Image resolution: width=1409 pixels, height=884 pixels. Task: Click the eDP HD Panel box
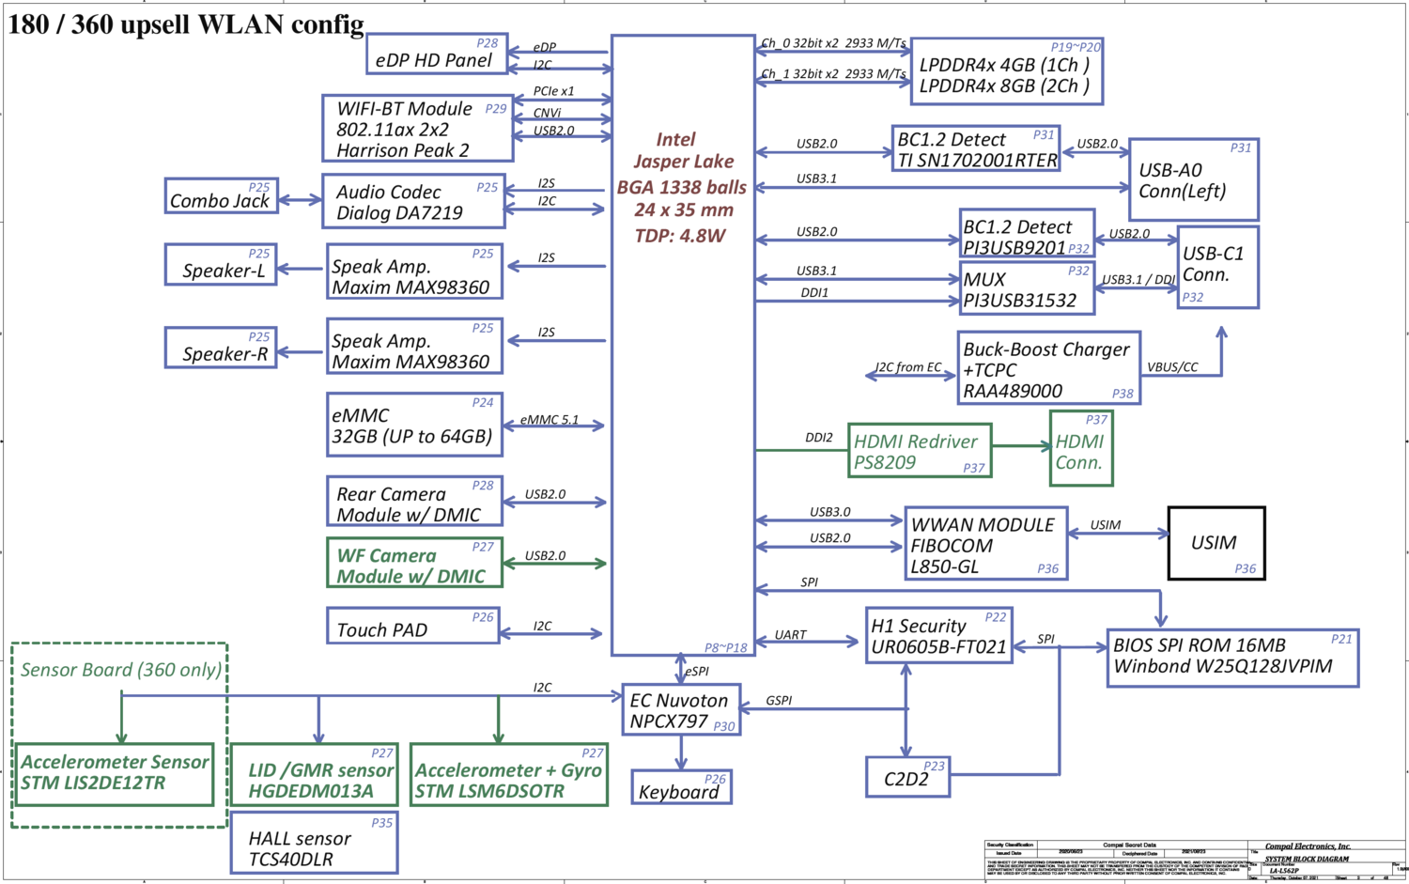coord(436,54)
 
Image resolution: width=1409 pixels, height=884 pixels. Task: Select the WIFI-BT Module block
coord(417,128)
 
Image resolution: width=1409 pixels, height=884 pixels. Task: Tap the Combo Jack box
coord(221,195)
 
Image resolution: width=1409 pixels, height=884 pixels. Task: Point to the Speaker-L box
coord(221,265)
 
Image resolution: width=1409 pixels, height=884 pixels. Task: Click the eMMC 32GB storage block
coord(413,426)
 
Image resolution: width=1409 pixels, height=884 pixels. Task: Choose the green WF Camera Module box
coord(413,563)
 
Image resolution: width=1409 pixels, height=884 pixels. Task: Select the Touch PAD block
coord(411,626)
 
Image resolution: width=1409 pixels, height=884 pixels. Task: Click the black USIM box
coord(1215,543)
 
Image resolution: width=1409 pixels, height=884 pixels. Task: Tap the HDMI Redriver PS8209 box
coord(919,451)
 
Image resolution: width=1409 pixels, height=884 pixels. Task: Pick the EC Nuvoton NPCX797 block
coord(680,710)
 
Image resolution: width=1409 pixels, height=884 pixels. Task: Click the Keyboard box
coord(680,787)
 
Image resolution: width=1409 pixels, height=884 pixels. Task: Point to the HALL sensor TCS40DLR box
coord(314,847)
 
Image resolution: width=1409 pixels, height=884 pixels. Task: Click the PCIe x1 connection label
coord(553,91)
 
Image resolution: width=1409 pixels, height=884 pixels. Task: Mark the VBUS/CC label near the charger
coord(1172,367)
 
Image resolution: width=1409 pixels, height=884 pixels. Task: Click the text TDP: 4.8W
coord(680,236)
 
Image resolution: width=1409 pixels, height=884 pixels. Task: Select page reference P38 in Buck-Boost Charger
coord(1123,394)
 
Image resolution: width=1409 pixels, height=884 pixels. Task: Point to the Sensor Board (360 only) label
coord(121,670)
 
